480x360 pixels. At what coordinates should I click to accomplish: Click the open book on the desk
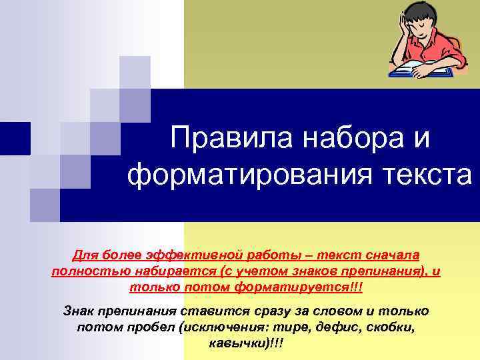[417, 67]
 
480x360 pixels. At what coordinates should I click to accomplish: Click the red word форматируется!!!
[300, 287]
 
